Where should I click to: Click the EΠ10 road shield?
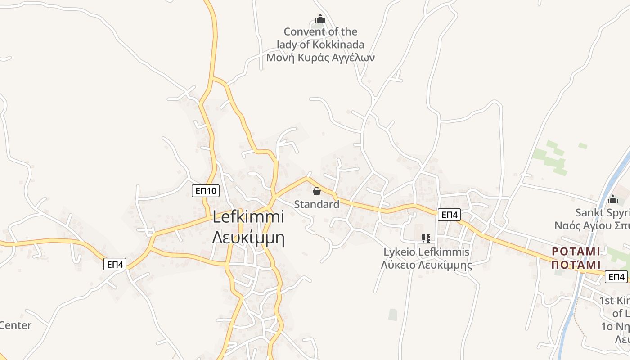(x=205, y=191)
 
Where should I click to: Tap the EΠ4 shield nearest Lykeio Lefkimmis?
(x=449, y=215)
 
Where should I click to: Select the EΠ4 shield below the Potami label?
(x=616, y=277)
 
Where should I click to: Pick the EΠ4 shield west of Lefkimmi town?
(x=115, y=264)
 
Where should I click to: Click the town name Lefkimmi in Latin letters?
(x=248, y=217)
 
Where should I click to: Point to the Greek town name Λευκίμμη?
(x=248, y=237)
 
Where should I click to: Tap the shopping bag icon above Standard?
(x=317, y=191)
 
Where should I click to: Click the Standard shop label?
(x=317, y=204)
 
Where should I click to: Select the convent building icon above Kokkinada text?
(x=320, y=19)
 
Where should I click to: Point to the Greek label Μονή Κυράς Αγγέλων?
(x=320, y=58)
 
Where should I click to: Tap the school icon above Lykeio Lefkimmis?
(x=426, y=238)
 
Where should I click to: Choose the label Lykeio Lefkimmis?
(x=426, y=252)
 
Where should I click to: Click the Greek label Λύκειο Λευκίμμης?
(x=426, y=265)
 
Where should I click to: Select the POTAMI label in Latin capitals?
(x=576, y=251)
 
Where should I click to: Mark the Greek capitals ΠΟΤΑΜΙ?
(x=576, y=264)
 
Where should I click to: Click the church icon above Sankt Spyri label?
(x=612, y=199)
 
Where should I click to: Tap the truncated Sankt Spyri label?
(x=603, y=212)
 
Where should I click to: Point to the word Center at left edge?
(x=16, y=325)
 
